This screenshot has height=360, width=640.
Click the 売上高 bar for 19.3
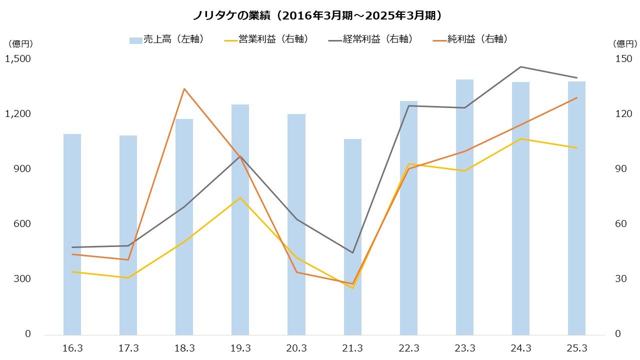240,219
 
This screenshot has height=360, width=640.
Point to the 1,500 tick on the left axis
18,59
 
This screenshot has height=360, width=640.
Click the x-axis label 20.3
296,348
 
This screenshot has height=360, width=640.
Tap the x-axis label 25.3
576,348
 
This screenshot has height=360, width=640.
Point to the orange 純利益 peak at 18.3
184,89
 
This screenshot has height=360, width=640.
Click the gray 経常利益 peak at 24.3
520,66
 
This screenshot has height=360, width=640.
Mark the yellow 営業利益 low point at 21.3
352,288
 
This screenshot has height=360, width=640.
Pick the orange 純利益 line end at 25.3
576,98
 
